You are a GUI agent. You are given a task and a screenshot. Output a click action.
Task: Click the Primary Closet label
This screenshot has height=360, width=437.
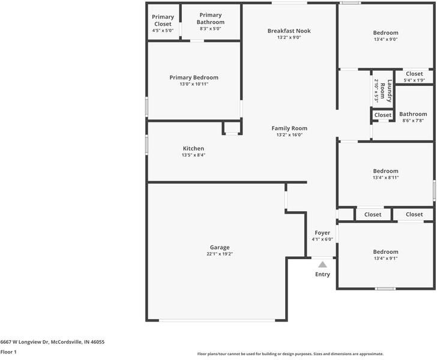163,20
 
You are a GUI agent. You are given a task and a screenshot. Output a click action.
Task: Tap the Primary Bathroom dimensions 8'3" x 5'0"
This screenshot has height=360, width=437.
211,28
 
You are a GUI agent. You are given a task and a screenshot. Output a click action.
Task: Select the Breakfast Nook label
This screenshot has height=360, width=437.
289,31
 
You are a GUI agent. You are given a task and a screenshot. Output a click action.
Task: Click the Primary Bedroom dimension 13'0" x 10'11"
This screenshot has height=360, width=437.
194,84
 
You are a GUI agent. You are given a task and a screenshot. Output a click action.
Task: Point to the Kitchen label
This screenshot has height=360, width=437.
193,149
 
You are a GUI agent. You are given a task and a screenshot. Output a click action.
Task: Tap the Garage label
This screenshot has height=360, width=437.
220,247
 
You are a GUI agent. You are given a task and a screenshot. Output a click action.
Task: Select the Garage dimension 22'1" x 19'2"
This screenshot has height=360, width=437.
220,254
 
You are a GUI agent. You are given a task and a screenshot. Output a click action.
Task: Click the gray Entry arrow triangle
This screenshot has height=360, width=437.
322,265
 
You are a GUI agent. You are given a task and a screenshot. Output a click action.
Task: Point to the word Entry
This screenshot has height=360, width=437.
322,274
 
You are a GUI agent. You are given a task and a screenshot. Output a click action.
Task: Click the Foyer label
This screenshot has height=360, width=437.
322,233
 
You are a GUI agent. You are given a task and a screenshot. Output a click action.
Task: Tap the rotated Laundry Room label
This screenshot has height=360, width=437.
386,91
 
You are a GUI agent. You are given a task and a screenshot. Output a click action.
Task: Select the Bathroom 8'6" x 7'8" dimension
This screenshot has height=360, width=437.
413,121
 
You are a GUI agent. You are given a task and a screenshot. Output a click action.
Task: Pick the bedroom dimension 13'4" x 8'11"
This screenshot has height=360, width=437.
386,178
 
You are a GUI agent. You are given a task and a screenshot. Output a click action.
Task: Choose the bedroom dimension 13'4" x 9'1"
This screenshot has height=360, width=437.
386,258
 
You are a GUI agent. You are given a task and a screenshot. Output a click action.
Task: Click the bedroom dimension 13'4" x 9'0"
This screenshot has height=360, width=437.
386,39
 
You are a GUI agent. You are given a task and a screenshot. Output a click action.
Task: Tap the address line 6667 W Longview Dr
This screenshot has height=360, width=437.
25,342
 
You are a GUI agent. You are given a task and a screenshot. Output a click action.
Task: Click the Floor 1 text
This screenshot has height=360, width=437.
8,352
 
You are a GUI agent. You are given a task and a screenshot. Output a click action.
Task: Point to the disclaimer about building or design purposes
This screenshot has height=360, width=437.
291,354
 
